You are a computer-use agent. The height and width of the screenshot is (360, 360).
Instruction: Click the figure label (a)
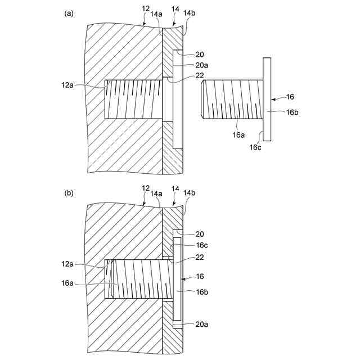click(x=69, y=13)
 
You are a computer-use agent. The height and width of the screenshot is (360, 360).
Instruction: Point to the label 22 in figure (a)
click(x=200, y=76)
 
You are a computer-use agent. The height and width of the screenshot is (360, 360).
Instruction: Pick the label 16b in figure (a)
click(x=291, y=112)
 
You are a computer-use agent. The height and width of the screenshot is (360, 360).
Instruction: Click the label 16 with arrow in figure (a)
click(x=290, y=97)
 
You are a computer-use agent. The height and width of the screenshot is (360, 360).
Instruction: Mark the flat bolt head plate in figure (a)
click(x=266, y=100)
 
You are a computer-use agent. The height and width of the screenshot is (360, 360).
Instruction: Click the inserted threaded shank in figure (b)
click(x=141, y=278)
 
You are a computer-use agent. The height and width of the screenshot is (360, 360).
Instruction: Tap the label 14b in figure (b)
click(x=190, y=193)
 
